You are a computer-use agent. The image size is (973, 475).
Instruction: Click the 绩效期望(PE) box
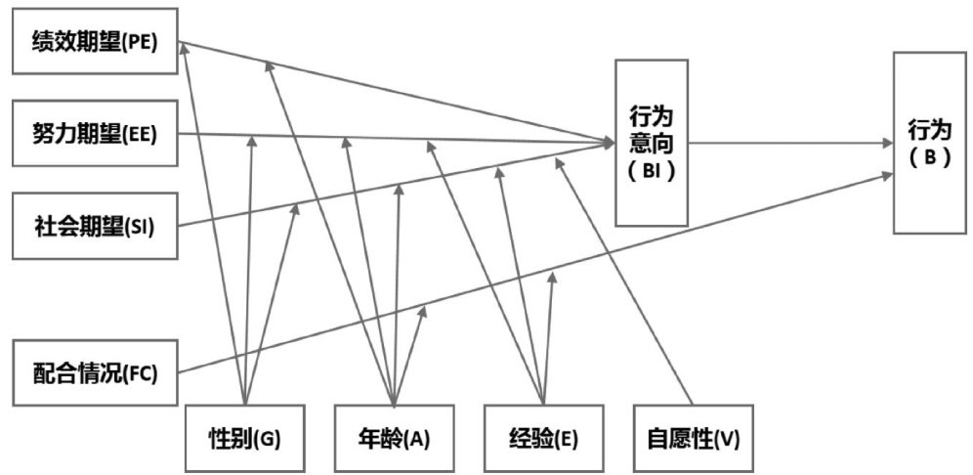tap(96, 43)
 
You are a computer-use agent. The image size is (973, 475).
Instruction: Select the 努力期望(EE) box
tap(96, 136)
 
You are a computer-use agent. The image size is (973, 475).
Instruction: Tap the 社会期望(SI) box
tap(96, 227)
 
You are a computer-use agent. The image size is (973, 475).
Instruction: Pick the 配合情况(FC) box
tap(96, 372)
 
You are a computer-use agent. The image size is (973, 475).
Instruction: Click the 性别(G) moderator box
tap(243, 438)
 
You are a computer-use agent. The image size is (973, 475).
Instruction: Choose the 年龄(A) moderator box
tap(393, 438)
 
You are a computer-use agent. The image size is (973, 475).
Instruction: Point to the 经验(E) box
tap(543, 438)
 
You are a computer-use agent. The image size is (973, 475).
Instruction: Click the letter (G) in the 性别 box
tap(269, 439)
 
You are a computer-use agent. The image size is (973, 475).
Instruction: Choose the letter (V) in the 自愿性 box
tap(728, 439)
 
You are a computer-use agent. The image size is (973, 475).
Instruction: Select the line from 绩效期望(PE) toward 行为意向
tap(391, 93)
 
